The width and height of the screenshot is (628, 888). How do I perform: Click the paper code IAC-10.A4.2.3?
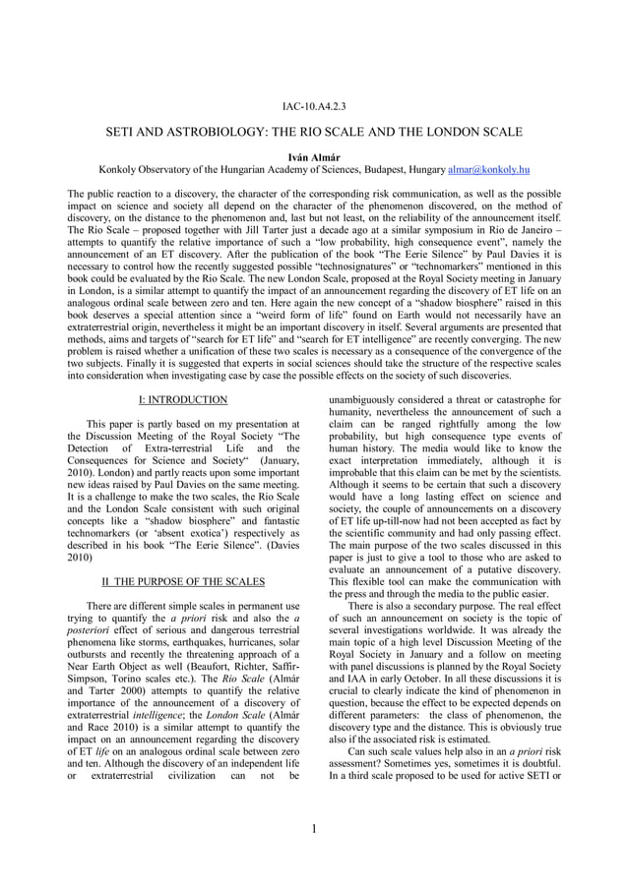tap(314, 105)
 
